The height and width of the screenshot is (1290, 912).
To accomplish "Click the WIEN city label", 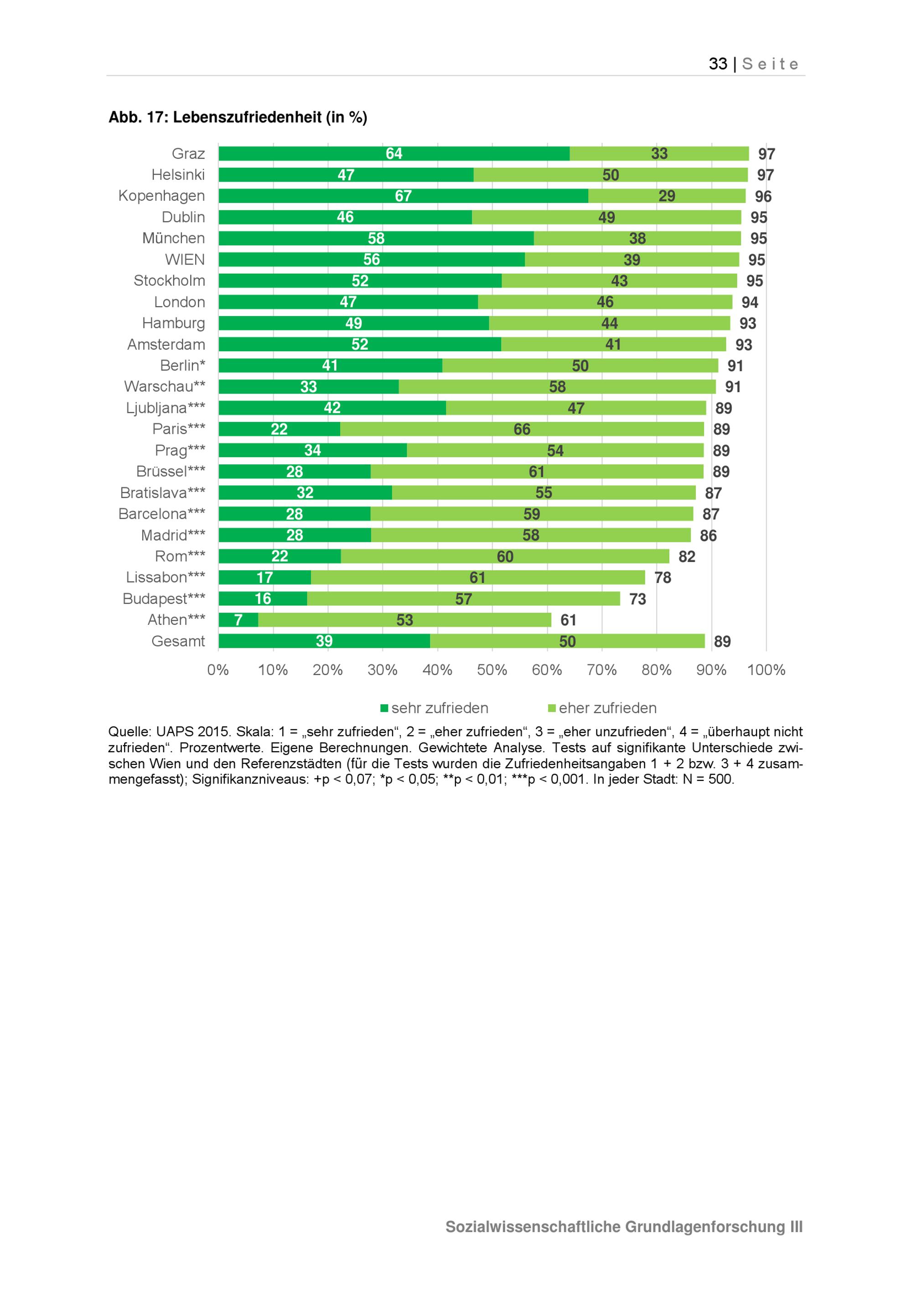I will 185,260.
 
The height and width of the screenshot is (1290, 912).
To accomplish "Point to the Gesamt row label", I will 178,641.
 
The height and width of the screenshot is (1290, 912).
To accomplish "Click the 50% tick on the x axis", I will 492,670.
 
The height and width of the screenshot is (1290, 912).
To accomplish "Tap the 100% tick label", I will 766,670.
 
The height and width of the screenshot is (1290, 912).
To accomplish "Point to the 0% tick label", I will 218,670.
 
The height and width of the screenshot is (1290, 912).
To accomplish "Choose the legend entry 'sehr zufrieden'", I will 439,708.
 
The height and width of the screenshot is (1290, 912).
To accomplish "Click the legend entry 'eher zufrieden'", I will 607,708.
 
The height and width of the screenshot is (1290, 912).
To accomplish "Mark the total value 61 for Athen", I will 568,620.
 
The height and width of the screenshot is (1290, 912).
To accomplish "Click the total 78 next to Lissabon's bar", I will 663,577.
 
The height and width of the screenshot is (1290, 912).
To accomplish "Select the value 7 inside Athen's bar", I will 238,620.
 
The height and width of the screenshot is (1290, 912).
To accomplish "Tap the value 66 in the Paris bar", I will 522,429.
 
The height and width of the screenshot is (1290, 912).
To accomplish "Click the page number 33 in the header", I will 718,64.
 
